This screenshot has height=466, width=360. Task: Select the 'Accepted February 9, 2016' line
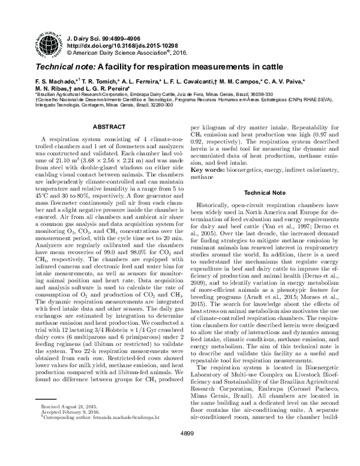click(68, 428)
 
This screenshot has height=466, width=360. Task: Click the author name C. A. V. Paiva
click(285, 80)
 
